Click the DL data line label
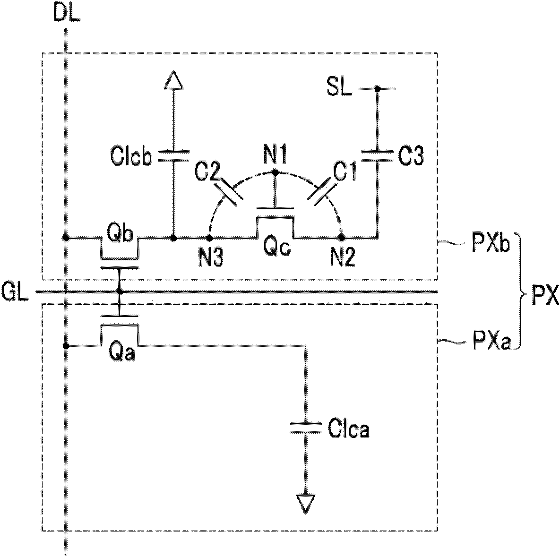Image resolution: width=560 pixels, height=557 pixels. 67,14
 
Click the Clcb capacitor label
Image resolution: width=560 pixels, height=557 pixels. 131,157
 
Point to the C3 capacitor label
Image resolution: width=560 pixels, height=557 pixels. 411,156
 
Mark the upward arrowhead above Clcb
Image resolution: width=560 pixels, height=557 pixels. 173,80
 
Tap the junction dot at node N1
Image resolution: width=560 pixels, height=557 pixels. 275,172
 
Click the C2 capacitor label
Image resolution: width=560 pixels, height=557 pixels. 207,173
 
